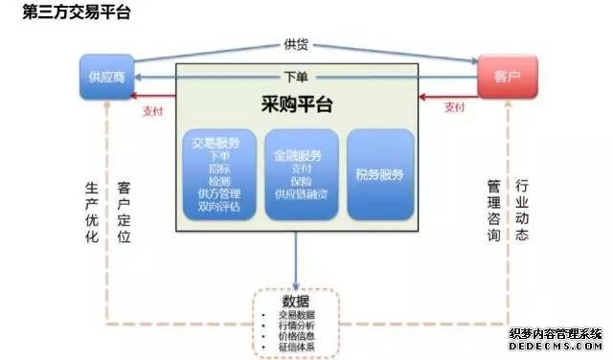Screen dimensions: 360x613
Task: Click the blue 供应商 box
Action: pos(105,77)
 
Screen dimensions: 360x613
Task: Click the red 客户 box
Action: pos(507,76)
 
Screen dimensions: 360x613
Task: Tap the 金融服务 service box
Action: pos(300,173)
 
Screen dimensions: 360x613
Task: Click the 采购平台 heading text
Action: pos(297,101)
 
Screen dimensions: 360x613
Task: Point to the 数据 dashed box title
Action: pos(297,302)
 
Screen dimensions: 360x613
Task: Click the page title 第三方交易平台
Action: pos(64,13)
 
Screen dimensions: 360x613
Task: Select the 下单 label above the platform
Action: pos(297,77)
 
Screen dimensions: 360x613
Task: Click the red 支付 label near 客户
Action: pos(455,107)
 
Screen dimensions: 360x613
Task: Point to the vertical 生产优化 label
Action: pos(92,212)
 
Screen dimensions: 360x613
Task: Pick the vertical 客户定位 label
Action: pos(123,212)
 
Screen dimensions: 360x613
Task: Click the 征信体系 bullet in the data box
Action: pos(296,347)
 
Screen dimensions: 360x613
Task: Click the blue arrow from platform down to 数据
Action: pos(297,259)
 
